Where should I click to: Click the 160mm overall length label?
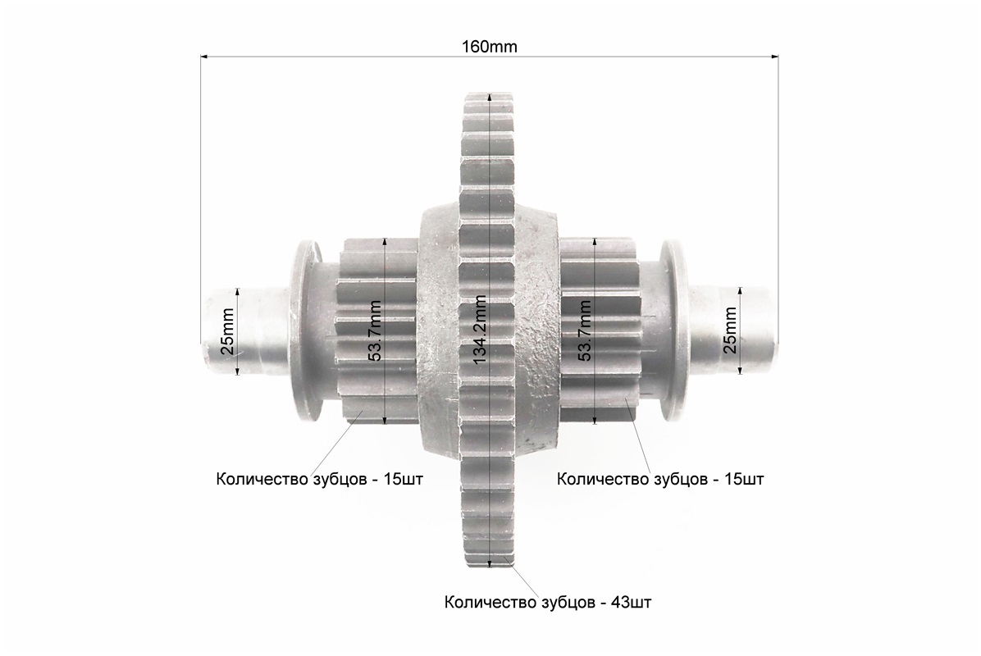tap(489, 47)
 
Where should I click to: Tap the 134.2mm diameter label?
tap(481, 330)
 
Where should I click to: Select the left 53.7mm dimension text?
tap(376, 330)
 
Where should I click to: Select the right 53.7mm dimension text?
tap(585, 330)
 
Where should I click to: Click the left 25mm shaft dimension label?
tap(228, 331)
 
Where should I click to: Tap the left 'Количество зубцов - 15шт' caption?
tap(320, 480)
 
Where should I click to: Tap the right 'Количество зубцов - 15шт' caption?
tap(660, 480)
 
